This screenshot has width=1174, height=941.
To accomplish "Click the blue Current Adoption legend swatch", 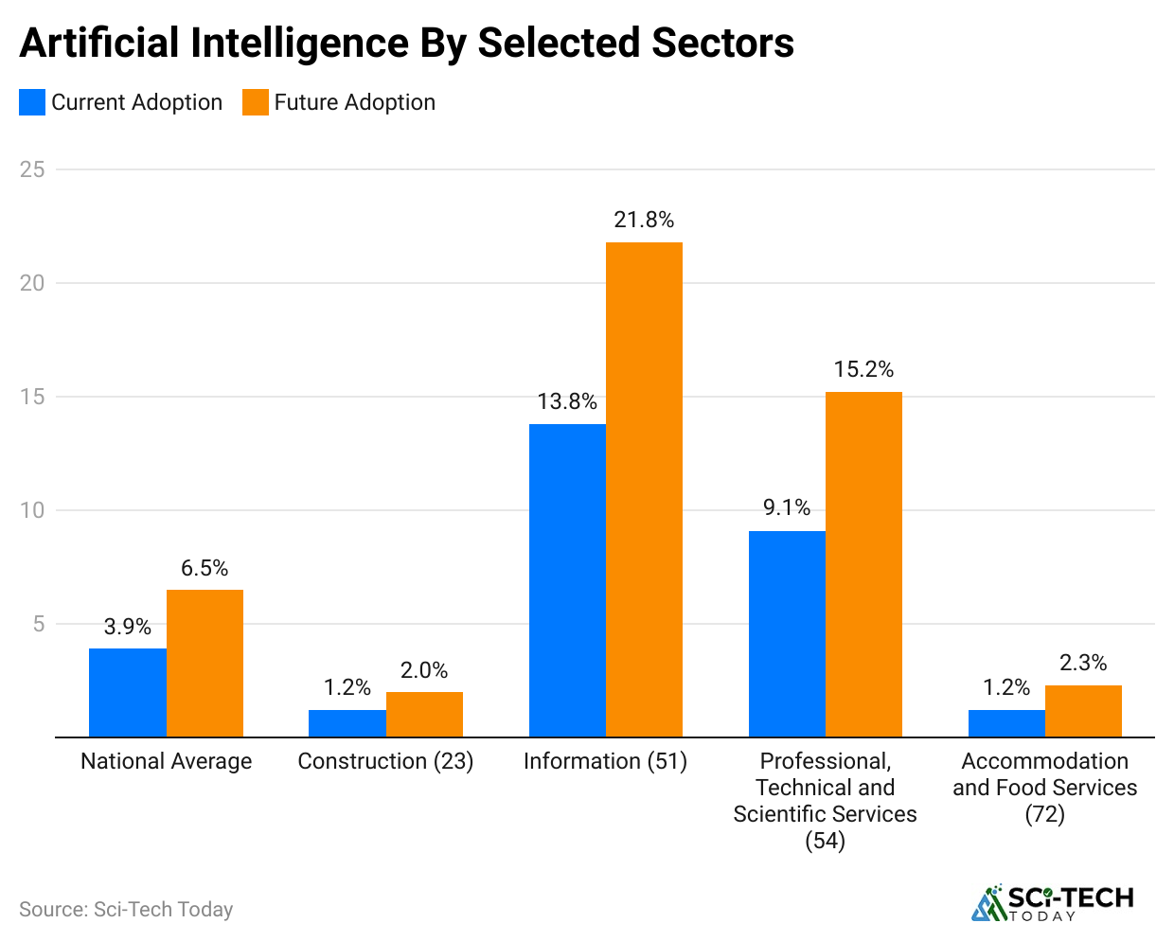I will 32,102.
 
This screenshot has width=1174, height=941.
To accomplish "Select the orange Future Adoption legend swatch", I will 256,102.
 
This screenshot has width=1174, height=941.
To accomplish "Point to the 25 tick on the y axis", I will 32,169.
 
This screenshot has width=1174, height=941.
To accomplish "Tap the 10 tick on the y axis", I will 32,510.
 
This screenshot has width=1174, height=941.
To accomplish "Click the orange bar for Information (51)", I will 644,489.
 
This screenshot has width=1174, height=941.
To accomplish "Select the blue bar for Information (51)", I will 567,580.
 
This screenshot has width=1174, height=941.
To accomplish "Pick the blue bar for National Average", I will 128,693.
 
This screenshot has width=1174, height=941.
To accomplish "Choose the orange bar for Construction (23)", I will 424,715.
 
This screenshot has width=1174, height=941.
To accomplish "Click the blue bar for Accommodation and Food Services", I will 1006,723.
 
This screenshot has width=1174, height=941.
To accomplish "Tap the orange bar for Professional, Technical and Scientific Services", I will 863,564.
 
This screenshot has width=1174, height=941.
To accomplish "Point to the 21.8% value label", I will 644,221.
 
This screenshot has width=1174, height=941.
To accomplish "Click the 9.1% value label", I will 787,508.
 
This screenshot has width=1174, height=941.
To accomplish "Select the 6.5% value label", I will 205,568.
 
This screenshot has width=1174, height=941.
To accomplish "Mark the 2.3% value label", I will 1083,663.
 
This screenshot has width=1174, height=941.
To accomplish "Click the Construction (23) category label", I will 385,761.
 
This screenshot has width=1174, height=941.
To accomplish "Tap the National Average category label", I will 167,761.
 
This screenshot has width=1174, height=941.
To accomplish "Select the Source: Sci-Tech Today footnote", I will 126,909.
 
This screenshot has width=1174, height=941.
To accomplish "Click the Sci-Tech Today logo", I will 1052,902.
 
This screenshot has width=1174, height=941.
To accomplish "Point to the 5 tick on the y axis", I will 39,624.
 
